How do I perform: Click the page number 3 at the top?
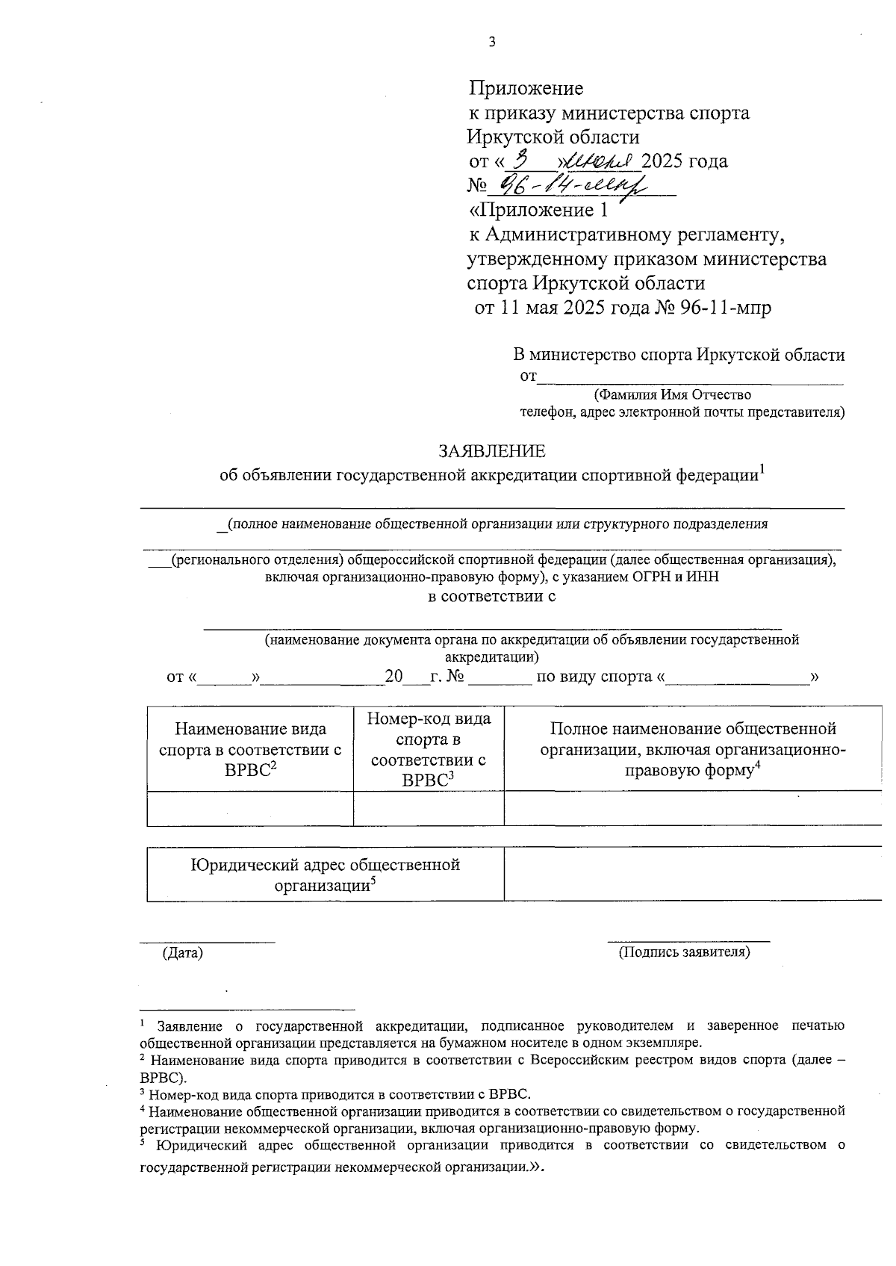pos(491,43)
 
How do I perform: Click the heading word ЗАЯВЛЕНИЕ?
pos(491,451)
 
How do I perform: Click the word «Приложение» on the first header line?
pos(526,89)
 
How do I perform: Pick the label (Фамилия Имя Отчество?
pos(672,394)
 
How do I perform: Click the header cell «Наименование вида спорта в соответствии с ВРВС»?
pos(250,749)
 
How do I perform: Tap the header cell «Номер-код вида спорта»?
pos(429,749)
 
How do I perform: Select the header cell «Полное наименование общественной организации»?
pos(692,749)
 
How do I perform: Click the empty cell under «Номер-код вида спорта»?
pos(429,808)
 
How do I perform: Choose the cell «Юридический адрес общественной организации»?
pos(325,875)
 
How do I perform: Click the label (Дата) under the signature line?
pos(183,953)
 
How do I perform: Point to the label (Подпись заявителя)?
pos(683,952)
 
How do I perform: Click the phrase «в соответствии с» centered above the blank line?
pos(491,597)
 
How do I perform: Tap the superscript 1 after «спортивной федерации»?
pos(762,469)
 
